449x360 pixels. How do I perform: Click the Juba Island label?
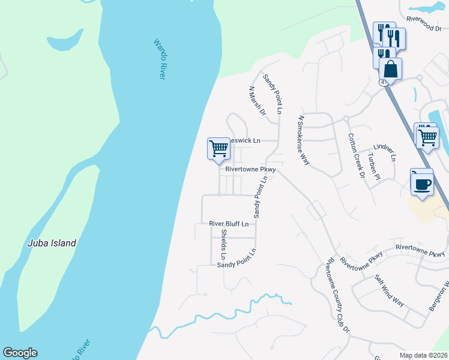(x=52, y=243)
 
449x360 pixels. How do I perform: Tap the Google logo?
(x=20, y=353)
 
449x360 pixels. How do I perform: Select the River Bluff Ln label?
(x=229, y=224)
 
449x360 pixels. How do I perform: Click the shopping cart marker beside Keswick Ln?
(x=218, y=149)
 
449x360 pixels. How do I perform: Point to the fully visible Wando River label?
(x=159, y=59)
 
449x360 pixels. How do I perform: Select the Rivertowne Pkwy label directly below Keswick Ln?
(x=250, y=170)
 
